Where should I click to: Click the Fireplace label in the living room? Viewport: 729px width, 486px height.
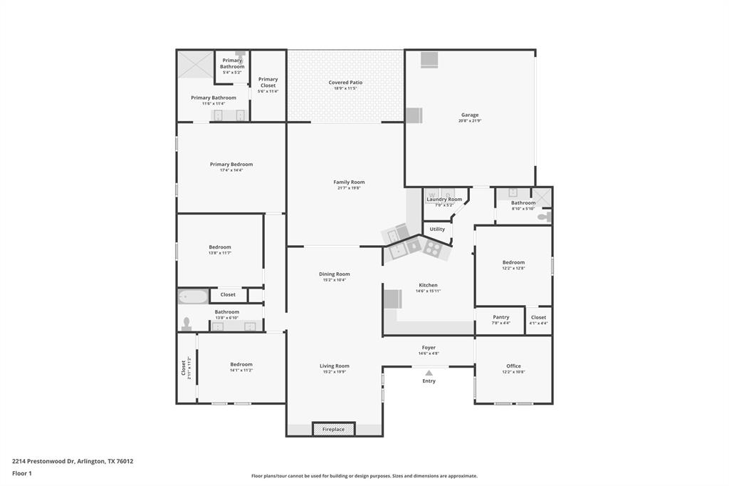(333, 430)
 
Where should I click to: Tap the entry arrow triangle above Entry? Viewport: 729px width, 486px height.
(429, 372)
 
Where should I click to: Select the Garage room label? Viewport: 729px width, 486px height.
(470, 115)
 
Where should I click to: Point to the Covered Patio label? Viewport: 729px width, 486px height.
(345, 83)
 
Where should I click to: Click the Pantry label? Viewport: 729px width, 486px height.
(500, 317)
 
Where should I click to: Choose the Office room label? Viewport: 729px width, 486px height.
(513, 366)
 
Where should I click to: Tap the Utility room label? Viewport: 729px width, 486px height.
(437, 229)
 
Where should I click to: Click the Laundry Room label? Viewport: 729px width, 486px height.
(444, 200)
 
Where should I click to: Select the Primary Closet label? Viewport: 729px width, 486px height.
(268, 82)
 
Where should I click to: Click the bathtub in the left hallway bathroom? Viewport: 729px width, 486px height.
(192, 296)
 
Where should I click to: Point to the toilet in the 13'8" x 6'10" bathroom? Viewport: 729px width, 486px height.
(187, 324)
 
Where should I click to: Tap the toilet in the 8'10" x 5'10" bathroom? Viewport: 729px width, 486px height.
(544, 216)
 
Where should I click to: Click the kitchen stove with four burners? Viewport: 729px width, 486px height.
(433, 248)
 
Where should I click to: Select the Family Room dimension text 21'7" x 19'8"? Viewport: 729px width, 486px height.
(349, 188)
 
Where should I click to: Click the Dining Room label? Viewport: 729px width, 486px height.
(334, 274)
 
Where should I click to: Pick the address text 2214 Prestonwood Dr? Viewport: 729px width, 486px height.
(43, 461)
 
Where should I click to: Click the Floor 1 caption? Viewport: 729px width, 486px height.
(22, 473)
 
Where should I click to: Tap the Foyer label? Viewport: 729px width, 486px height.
(429, 348)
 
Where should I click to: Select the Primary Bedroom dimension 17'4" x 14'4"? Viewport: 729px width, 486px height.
(231, 170)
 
